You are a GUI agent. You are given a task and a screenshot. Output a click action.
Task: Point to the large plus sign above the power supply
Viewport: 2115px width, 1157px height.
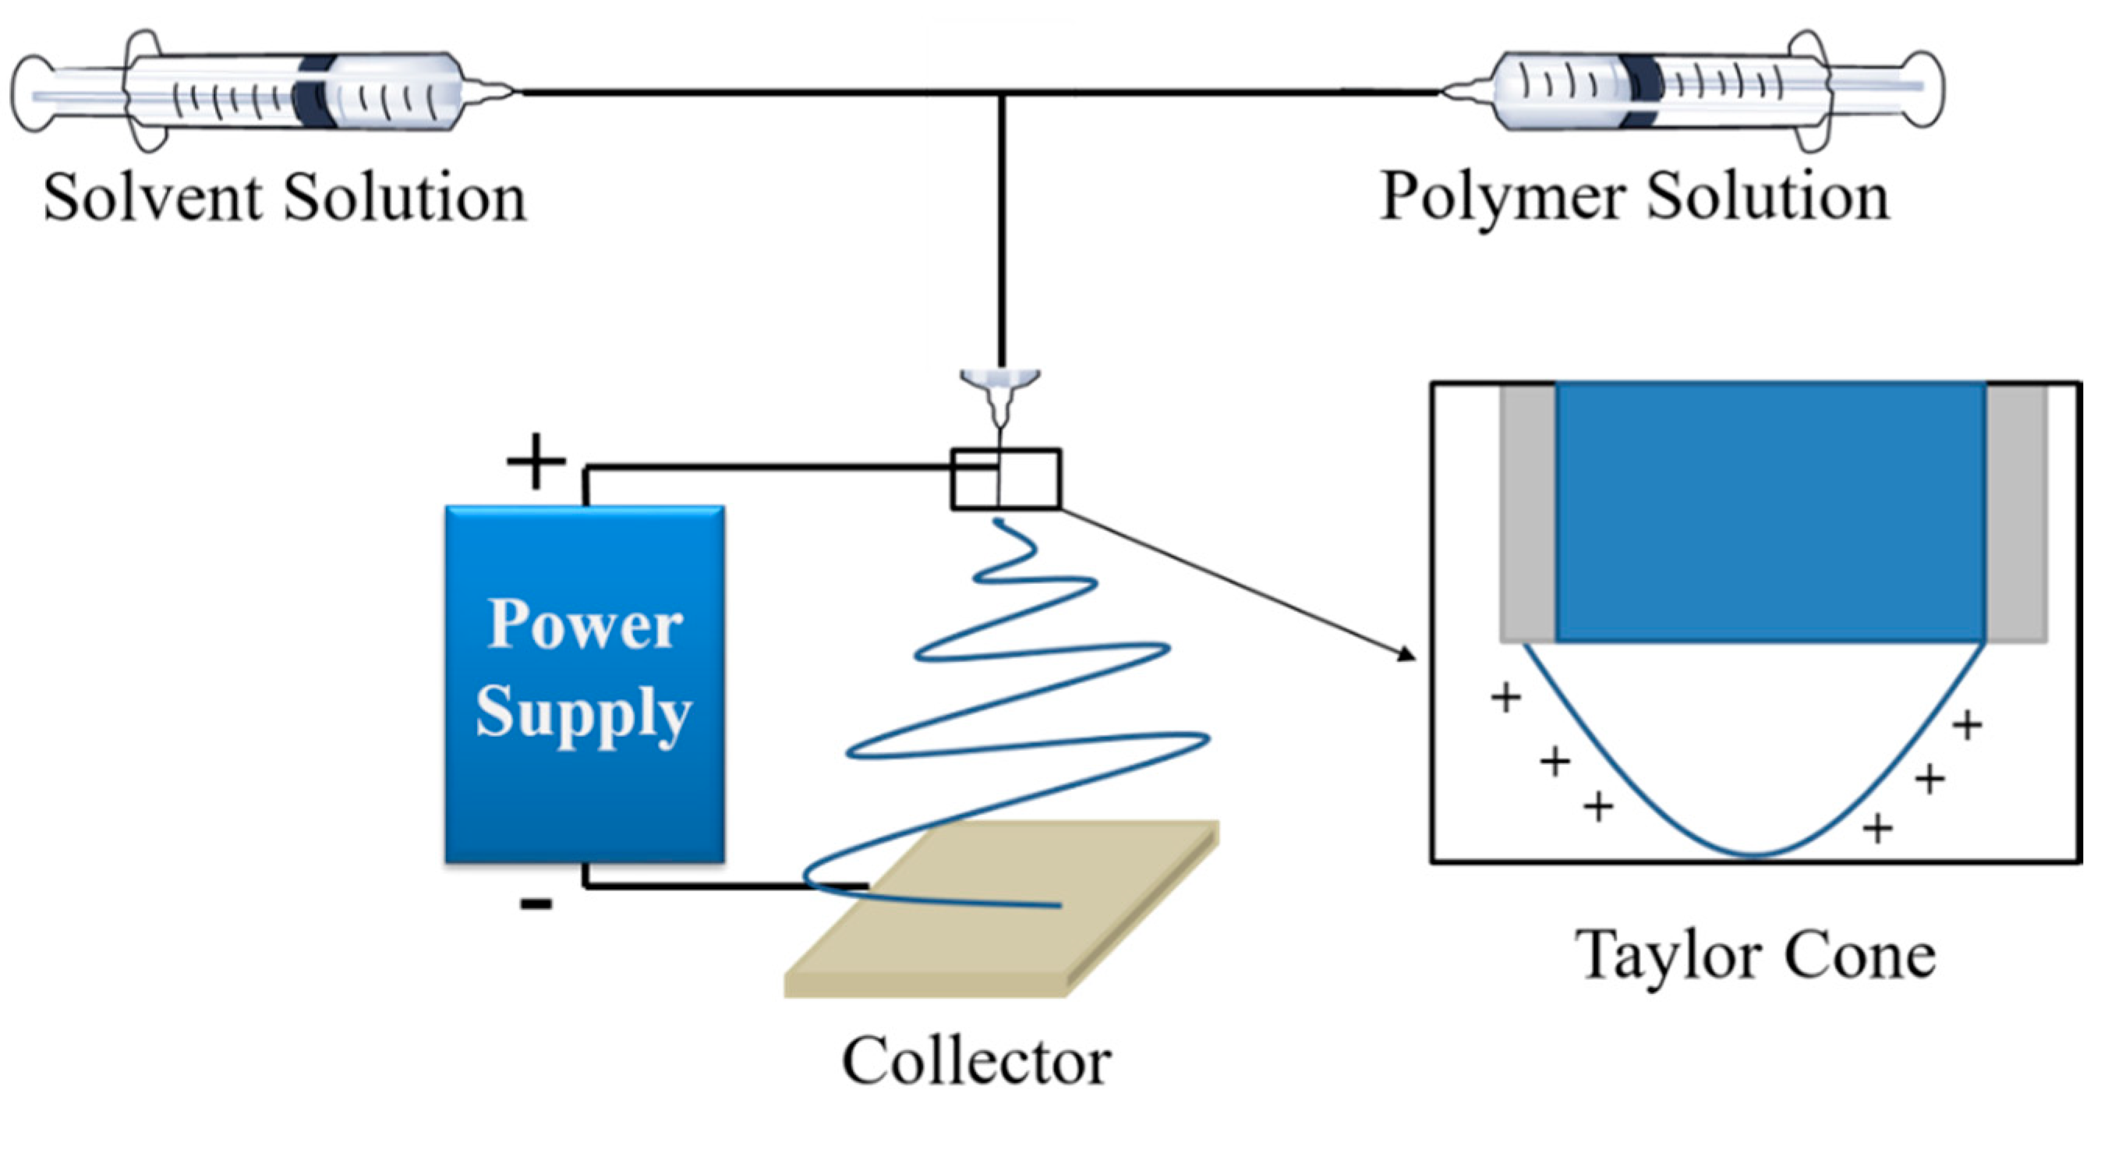[536, 462]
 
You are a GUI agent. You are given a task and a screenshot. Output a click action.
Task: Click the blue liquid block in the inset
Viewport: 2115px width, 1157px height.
[1770, 511]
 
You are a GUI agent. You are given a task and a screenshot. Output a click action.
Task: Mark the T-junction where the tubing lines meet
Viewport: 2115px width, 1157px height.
[1001, 93]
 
